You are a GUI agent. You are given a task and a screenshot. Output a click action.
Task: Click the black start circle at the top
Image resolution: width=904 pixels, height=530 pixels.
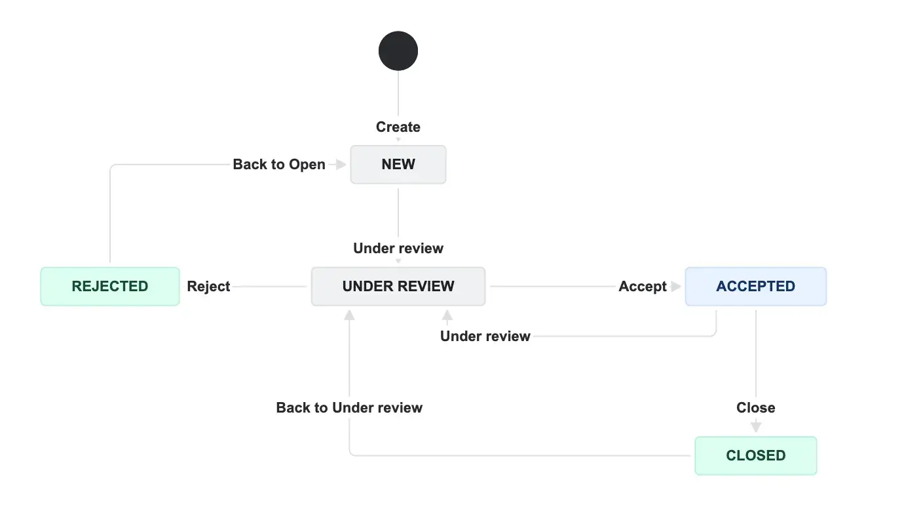(x=398, y=51)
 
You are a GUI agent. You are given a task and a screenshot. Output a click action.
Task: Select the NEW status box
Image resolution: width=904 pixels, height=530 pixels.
(x=398, y=165)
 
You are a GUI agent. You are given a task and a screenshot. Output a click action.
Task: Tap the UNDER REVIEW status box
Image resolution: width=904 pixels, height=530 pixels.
(x=398, y=287)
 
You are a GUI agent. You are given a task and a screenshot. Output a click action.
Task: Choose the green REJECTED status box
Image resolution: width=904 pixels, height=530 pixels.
(x=110, y=287)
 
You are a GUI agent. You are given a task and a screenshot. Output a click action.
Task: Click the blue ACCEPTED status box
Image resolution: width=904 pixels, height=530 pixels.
(x=755, y=287)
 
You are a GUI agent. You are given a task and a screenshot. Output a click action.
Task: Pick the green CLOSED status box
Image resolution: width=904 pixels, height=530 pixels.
(x=755, y=456)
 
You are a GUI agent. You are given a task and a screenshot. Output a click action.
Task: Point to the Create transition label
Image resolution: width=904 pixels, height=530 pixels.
(x=398, y=127)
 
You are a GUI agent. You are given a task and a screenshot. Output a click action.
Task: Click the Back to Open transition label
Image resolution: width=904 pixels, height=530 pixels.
(x=279, y=165)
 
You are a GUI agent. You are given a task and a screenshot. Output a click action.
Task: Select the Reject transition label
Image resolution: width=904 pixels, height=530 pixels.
(x=208, y=287)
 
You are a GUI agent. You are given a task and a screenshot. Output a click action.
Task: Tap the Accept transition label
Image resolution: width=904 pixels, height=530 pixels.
(x=642, y=287)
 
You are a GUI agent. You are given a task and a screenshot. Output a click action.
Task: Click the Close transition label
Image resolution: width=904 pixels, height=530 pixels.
(x=755, y=408)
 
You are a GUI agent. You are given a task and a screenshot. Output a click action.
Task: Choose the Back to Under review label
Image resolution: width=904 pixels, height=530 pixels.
(x=349, y=408)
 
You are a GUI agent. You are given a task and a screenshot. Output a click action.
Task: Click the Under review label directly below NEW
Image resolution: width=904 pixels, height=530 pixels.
(x=398, y=249)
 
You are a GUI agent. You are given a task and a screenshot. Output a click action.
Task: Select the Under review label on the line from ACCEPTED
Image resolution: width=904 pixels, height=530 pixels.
(x=485, y=336)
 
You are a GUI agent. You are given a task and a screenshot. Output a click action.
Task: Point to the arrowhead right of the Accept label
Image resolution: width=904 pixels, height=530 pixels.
(x=676, y=287)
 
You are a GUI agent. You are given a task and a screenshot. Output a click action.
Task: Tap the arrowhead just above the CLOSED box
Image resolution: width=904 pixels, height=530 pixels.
(x=756, y=426)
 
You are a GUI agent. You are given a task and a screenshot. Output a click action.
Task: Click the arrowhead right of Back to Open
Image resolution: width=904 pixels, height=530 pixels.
(x=340, y=165)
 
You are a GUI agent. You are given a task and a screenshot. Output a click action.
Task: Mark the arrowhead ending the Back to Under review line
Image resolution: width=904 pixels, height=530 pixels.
(x=349, y=315)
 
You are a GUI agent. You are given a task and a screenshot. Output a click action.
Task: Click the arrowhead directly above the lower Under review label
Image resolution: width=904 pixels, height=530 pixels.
(x=447, y=316)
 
